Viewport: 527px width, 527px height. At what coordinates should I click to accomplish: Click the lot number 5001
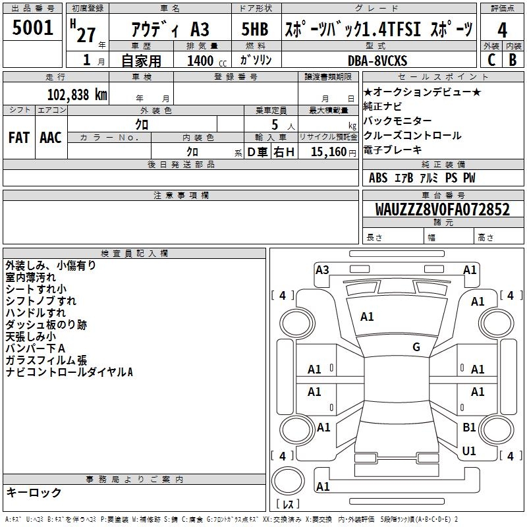(x=33, y=28)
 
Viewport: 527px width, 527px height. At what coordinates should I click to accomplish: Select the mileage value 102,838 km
(x=77, y=94)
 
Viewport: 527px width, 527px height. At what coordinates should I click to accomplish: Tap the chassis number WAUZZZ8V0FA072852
(x=442, y=209)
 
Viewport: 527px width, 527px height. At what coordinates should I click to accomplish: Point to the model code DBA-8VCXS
(x=378, y=61)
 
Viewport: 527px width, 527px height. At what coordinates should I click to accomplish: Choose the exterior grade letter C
(x=491, y=60)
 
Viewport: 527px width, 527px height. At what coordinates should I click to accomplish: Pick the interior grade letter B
(x=513, y=60)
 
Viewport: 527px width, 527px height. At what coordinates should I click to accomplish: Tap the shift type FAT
(x=19, y=137)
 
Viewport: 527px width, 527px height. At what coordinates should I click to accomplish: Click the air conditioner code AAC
(x=51, y=137)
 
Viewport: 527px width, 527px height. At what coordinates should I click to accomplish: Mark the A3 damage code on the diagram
(x=322, y=269)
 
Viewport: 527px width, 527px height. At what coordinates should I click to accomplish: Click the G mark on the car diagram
(x=416, y=347)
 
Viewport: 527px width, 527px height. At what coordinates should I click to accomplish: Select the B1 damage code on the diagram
(x=469, y=427)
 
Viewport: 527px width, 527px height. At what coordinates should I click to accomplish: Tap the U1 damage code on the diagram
(x=469, y=451)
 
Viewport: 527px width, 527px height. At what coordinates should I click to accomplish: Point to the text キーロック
(x=34, y=493)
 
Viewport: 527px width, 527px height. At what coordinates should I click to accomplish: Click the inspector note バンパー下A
(x=36, y=348)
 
